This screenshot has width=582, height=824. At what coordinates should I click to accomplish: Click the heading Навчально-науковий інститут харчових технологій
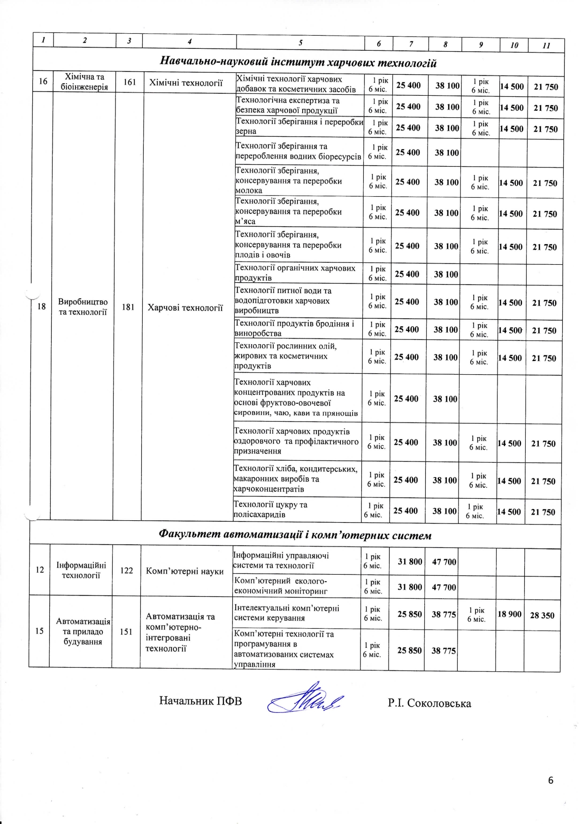coord(298,62)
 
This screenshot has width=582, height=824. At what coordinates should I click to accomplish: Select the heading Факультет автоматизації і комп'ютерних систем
coord(295,535)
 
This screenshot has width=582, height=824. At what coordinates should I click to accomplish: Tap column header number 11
coord(546,46)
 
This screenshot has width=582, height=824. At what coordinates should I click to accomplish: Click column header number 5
coord(300,43)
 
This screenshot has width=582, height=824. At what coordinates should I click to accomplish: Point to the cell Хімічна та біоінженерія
coord(84,82)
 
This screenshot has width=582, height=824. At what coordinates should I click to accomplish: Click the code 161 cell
coord(130,82)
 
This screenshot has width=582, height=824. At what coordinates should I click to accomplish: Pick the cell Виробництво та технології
coord(83,307)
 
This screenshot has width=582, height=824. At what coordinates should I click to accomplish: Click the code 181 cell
coord(128,307)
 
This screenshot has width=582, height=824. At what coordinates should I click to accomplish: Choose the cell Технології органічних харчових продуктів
coord(295,273)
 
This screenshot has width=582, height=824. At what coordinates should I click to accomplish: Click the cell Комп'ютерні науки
coord(185,571)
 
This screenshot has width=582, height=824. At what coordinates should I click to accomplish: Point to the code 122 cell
coord(127,570)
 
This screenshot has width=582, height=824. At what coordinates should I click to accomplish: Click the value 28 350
coord(542,615)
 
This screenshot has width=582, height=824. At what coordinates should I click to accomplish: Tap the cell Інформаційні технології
coord(81,570)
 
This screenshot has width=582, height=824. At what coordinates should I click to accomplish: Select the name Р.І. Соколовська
coord(429,703)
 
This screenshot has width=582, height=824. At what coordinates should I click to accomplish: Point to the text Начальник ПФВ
coord(200,701)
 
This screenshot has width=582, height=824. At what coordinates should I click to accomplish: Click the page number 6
coord(551,780)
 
